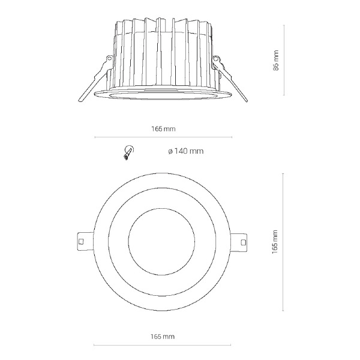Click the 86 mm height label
click(276, 61)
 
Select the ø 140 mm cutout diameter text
click(186, 151)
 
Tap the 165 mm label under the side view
click(163, 129)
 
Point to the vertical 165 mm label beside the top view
click(275, 242)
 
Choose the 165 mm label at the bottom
click(163, 337)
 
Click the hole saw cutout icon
click(128, 152)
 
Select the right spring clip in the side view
click(230, 78)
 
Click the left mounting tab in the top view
click(85, 242)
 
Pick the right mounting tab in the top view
click(239, 242)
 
